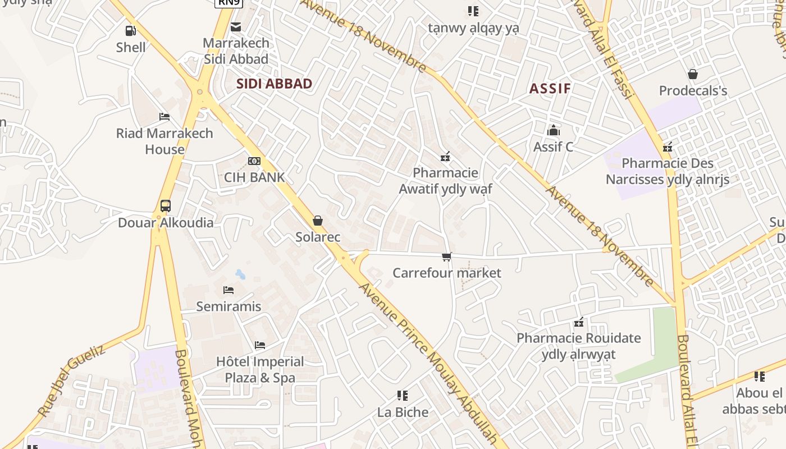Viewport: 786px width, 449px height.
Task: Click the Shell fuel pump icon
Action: [130, 31]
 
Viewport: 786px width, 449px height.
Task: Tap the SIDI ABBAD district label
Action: [274, 84]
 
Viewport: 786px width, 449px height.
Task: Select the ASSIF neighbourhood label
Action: [550, 88]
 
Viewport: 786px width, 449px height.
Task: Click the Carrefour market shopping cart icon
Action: [446, 257]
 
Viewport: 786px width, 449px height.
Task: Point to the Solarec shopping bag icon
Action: [318, 221]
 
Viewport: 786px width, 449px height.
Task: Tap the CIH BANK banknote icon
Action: [254, 161]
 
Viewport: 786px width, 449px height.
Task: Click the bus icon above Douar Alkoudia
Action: [165, 206]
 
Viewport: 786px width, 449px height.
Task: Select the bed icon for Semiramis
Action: [229, 290]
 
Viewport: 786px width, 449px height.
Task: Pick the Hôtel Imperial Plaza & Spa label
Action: [260, 369]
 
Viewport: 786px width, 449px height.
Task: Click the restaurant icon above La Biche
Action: [402, 396]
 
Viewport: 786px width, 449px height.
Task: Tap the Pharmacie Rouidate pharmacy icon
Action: [579, 322]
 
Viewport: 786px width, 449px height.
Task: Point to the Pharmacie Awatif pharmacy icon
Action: [445, 157]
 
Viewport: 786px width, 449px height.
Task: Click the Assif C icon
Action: [554, 130]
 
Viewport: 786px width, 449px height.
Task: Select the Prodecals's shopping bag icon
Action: [693, 74]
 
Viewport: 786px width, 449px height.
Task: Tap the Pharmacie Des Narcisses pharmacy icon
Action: [667, 148]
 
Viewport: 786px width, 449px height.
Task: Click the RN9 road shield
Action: [229, 3]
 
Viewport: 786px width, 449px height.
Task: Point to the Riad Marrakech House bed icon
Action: [164, 117]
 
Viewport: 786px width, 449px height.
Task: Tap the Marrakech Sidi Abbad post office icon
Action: [236, 26]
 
